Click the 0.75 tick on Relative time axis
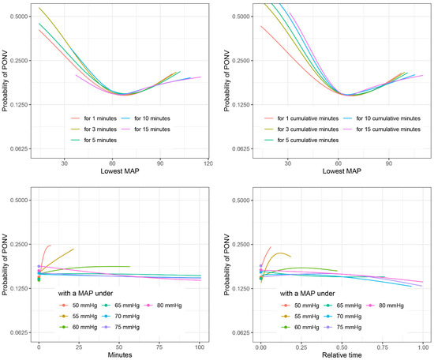pyautogui.click(x=382, y=344)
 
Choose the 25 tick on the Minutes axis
pyautogui.click(x=78, y=344)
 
